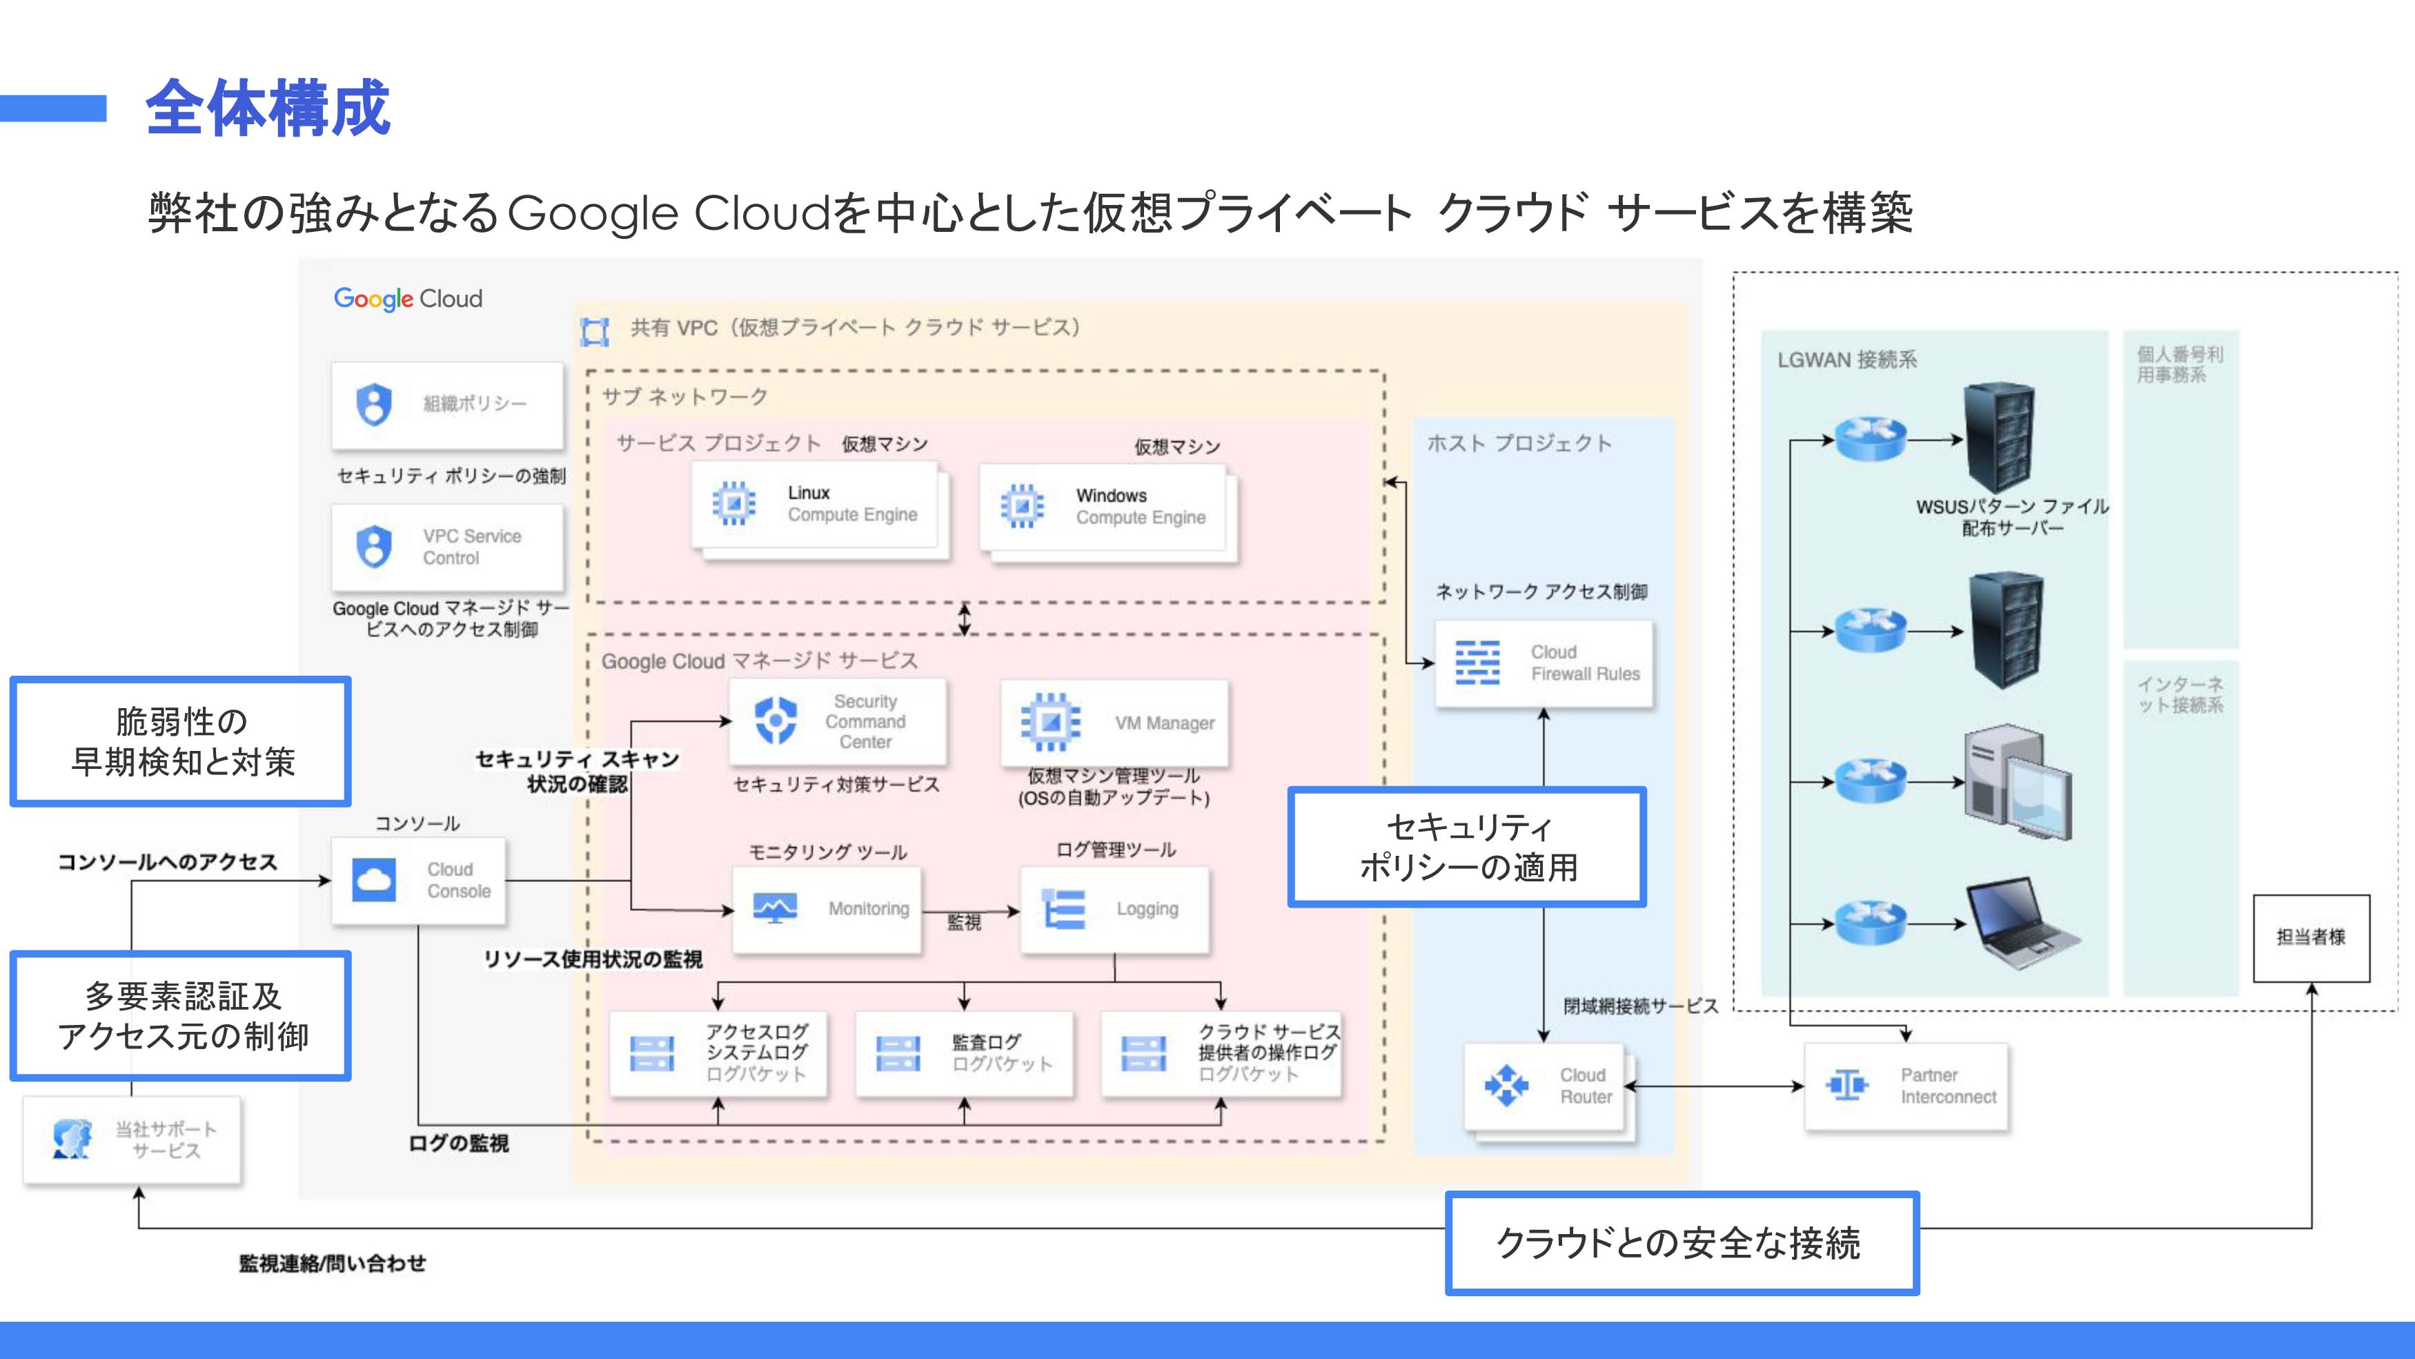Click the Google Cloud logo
(408, 298)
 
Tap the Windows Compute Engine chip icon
(1022, 507)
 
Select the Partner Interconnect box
(1907, 1086)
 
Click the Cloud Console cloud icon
(374, 880)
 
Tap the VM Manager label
(1165, 723)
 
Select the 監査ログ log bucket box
(964, 1053)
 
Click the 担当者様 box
(2311, 937)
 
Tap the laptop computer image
(2020, 923)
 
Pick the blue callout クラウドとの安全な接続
(1681, 1244)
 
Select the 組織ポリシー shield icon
(374, 404)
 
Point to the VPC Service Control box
(447, 547)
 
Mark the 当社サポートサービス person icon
(72, 1140)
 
